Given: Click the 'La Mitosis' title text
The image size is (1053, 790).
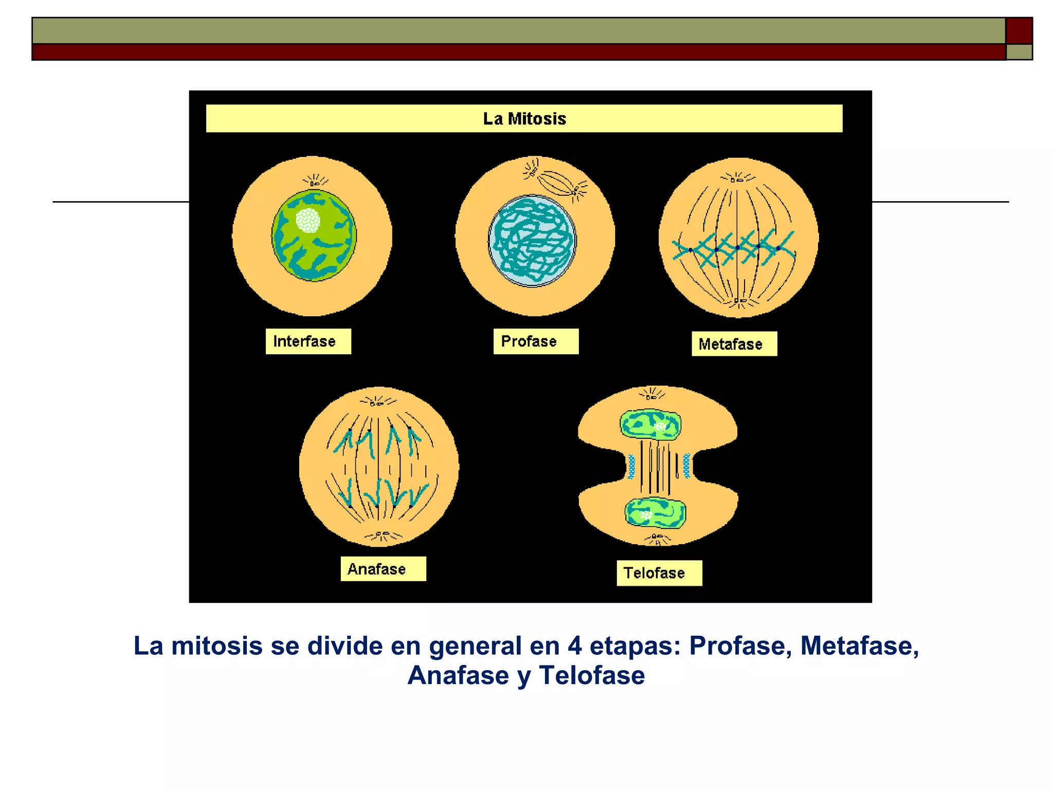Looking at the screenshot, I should (x=524, y=119).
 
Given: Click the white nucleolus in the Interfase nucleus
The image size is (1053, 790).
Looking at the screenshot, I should (x=308, y=221).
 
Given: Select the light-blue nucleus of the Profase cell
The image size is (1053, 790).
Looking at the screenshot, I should (x=532, y=240).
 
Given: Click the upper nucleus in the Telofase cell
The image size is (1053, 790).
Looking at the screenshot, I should (x=650, y=424).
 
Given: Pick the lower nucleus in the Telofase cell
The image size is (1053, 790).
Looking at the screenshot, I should (x=655, y=513).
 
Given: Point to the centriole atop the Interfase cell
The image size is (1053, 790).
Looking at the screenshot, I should (x=315, y=182).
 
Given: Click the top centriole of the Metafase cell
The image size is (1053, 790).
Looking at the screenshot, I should (x=737, y=179).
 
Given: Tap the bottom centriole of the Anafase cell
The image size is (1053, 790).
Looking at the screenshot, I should (x=382, y=535).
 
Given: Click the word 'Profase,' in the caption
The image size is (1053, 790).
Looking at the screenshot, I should (x=740, y=646).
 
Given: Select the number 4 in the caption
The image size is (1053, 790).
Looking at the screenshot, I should (x=575, y=646).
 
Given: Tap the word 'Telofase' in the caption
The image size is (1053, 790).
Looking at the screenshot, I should (x=592, y=675).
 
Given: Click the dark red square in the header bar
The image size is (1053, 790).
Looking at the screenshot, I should (x=1019, y=31).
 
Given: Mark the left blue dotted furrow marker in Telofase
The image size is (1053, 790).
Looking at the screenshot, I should (x=631, y=466).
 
